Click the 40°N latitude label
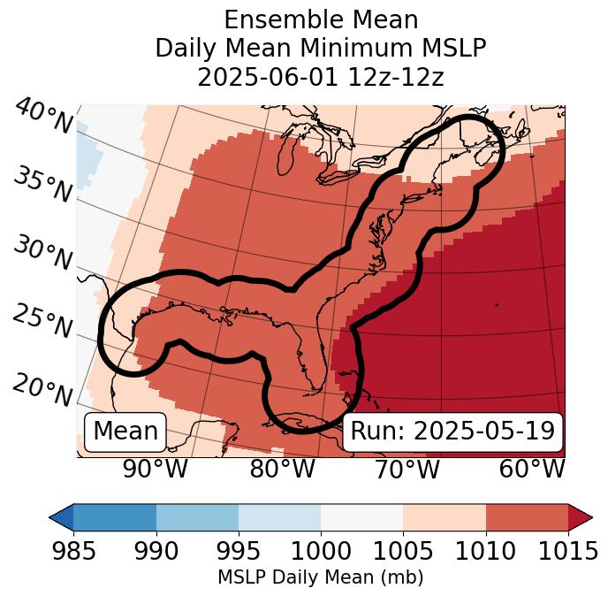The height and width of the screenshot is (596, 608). [43, 117]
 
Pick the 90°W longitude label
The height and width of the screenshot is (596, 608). [156, 469]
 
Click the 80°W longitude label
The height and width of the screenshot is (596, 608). [282, 469]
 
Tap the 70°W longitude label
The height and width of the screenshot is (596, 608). [406, 469]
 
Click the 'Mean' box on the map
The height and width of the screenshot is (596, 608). [125, 432]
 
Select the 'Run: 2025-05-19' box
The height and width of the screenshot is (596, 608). [452, 432]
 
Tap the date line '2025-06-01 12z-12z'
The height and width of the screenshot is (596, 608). [321, 77]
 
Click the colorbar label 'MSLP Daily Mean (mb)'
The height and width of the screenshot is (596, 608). [321, 577]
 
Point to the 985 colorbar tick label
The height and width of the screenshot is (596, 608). [73, 552]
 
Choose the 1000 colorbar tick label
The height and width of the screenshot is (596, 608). [321, 552]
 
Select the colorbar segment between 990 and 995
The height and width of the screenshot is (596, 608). [197, 516]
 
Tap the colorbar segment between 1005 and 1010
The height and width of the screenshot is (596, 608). [445, 516]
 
